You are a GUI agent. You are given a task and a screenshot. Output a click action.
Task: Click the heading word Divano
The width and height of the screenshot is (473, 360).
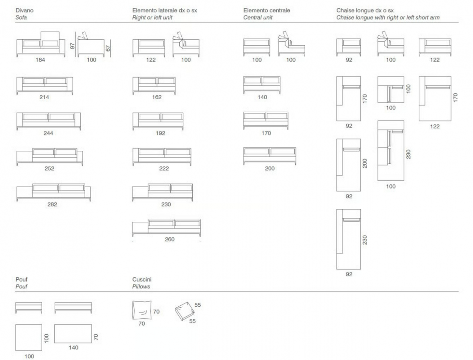(x=24, y=10)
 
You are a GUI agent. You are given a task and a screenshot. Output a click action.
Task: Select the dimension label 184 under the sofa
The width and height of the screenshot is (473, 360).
(x=40, y=60)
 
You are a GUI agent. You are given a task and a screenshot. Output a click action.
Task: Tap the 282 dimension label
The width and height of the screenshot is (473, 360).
(x=52, y=204)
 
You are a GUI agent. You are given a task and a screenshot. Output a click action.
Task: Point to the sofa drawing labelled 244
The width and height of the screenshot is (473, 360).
(x=49, y=121)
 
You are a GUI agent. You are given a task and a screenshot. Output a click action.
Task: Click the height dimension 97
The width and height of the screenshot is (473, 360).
(x=73, y=46)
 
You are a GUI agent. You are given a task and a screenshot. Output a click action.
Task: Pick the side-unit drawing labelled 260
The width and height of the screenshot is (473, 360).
(x=166, y=228)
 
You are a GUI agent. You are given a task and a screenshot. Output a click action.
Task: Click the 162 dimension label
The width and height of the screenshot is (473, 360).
(x=156, y=97)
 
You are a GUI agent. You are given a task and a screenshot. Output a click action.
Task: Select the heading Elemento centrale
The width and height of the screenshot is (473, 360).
(x=266, y=10)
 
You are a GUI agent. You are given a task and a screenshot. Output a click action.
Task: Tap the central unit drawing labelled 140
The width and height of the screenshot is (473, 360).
(x=262, y=85)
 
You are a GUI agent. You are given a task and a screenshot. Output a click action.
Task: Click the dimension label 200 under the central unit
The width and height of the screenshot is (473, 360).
(x=270, y=168)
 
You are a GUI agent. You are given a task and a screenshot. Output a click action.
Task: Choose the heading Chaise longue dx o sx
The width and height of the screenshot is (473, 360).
(x=365, y=10)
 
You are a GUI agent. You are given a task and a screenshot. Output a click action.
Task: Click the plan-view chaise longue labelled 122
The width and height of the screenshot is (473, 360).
(x=435, y=98)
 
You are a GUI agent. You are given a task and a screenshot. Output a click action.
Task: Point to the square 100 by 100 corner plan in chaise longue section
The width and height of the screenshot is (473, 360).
(x=391, y=89)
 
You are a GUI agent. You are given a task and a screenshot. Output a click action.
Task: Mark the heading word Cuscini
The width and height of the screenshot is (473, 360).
(x=142, y=279)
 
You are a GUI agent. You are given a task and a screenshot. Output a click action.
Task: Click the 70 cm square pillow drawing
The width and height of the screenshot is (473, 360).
(x=142, y=310)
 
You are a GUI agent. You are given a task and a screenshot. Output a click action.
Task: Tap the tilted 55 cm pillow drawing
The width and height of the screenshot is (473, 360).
(x=185, y=311)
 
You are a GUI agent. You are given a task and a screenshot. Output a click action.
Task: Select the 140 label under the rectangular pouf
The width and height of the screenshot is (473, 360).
(x=73, y=347)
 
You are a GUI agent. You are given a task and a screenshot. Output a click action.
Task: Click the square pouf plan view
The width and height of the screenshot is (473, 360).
(x=29, y=338)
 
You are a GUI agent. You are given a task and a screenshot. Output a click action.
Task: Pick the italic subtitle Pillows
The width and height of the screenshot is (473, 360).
(x=141, y=287)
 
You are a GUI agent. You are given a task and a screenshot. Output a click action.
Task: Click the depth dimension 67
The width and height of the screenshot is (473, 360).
(x=108, y=48)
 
